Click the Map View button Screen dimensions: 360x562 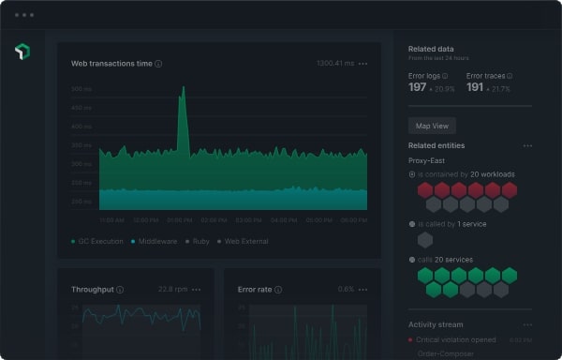point(432,125)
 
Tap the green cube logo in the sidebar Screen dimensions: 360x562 point(22,52)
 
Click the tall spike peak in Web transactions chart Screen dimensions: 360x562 point(183,89)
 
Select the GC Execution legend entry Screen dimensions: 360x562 point(98,241)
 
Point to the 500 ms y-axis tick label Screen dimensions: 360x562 point(81,89)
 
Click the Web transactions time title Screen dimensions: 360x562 point(111,64)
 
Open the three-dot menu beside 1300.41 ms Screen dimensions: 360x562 point(362,64)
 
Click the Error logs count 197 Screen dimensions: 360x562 point(418,87)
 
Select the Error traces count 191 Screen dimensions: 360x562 point(475,87)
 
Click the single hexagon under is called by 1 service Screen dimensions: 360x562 point(425,239)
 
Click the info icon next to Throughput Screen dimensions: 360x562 point(120,290)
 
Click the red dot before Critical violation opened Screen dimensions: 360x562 point(412,340)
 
